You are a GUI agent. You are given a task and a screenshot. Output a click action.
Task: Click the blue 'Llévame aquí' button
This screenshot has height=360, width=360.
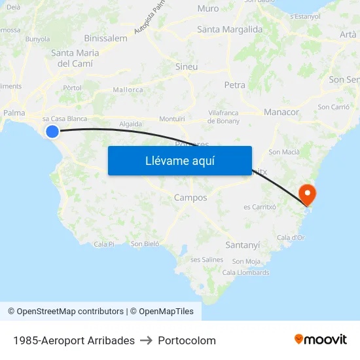point(179,160)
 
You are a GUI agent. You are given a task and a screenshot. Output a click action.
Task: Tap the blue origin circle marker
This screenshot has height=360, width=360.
point(52,132)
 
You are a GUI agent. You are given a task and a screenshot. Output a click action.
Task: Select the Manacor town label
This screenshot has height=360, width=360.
point(281,113)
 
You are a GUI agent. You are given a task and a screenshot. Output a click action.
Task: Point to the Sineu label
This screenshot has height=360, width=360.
point(187,67)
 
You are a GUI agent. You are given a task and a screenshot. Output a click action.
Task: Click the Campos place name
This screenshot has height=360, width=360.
point(190,198)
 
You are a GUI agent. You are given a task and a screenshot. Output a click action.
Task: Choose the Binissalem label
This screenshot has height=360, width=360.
point(105,39)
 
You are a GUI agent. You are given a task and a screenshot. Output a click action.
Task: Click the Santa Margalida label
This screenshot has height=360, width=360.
point(230,29)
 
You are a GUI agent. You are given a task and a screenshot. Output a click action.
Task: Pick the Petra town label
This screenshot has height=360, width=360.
point(234,85)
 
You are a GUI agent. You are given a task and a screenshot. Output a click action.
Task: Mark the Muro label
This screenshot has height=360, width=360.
point(208,9)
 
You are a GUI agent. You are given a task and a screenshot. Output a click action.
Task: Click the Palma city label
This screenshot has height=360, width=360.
point(14,113)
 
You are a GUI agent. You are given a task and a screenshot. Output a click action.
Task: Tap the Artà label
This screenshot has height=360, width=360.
point(348,34)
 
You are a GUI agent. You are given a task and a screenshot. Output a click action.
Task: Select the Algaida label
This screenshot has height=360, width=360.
point(130,123)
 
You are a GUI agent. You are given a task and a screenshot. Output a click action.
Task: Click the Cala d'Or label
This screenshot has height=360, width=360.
point(291,238)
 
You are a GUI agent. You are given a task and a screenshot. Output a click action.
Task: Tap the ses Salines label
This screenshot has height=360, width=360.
point(207,260)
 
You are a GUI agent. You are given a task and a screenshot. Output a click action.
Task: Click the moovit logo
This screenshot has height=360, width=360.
point(320,339)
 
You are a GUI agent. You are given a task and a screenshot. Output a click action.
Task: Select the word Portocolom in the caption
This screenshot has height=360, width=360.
point(187,340)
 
